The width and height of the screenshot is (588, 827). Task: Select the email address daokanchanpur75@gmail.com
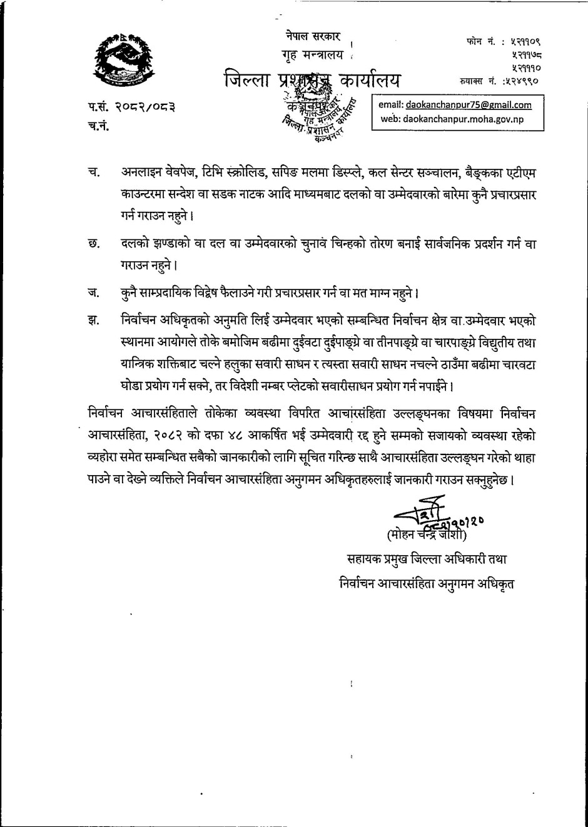tap(469, 105)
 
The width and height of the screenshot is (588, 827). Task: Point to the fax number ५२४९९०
tap(518, 81)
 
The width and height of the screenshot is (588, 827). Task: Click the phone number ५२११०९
tap(517, 42)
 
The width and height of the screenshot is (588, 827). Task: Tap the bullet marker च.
tap(94, 172)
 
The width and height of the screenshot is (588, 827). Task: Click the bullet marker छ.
tap(94, 244)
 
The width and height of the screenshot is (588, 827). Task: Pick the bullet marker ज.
tap(94, 292)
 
